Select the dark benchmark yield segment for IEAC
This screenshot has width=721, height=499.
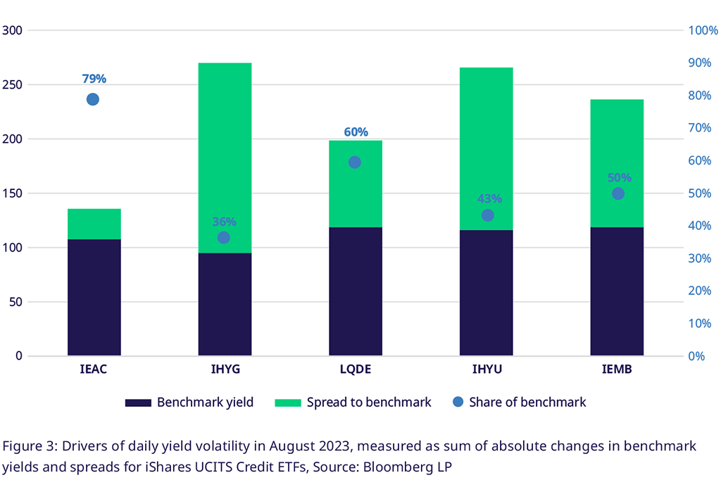point(94,297)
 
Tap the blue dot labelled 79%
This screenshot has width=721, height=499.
point(93,99)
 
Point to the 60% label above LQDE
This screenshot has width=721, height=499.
point(356,132)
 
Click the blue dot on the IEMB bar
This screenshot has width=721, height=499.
point(618,194)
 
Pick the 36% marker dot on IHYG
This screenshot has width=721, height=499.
point(224,238)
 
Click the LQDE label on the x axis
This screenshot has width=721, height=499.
point(355,369)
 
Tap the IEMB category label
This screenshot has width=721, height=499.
point(617,369)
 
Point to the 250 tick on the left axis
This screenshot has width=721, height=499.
point(13,85)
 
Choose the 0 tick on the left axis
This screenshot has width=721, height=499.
point(19,356)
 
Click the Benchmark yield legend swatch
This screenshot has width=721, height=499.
point(138,403)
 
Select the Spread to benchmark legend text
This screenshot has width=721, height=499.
point(368,403)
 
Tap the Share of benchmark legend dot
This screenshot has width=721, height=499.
point(458,402)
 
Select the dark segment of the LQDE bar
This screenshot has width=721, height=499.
point(356,291)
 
